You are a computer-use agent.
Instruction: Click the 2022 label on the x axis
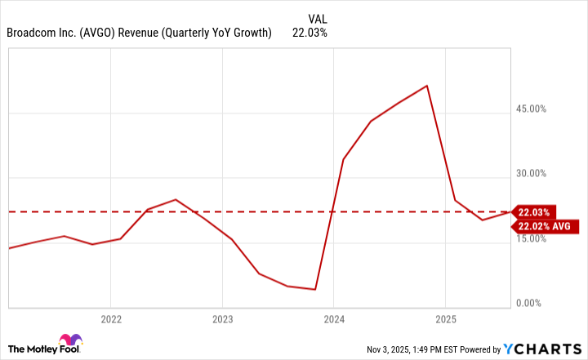pos(111,319)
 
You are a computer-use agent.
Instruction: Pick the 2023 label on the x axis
pos(223,319)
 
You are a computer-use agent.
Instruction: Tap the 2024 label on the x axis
pos(334,319)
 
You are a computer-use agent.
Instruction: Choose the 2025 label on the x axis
pos(445,319)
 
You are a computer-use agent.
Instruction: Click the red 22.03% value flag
pos(534,211)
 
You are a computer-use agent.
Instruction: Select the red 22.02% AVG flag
pos(543,226)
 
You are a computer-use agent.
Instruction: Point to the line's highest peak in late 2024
pos(427,86)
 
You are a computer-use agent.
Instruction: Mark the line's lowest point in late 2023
pos(315,289)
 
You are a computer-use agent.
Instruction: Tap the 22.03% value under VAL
pos(310,33)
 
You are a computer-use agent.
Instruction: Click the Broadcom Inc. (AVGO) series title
pos(139,33)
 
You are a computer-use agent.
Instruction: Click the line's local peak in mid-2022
pos(176,199)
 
